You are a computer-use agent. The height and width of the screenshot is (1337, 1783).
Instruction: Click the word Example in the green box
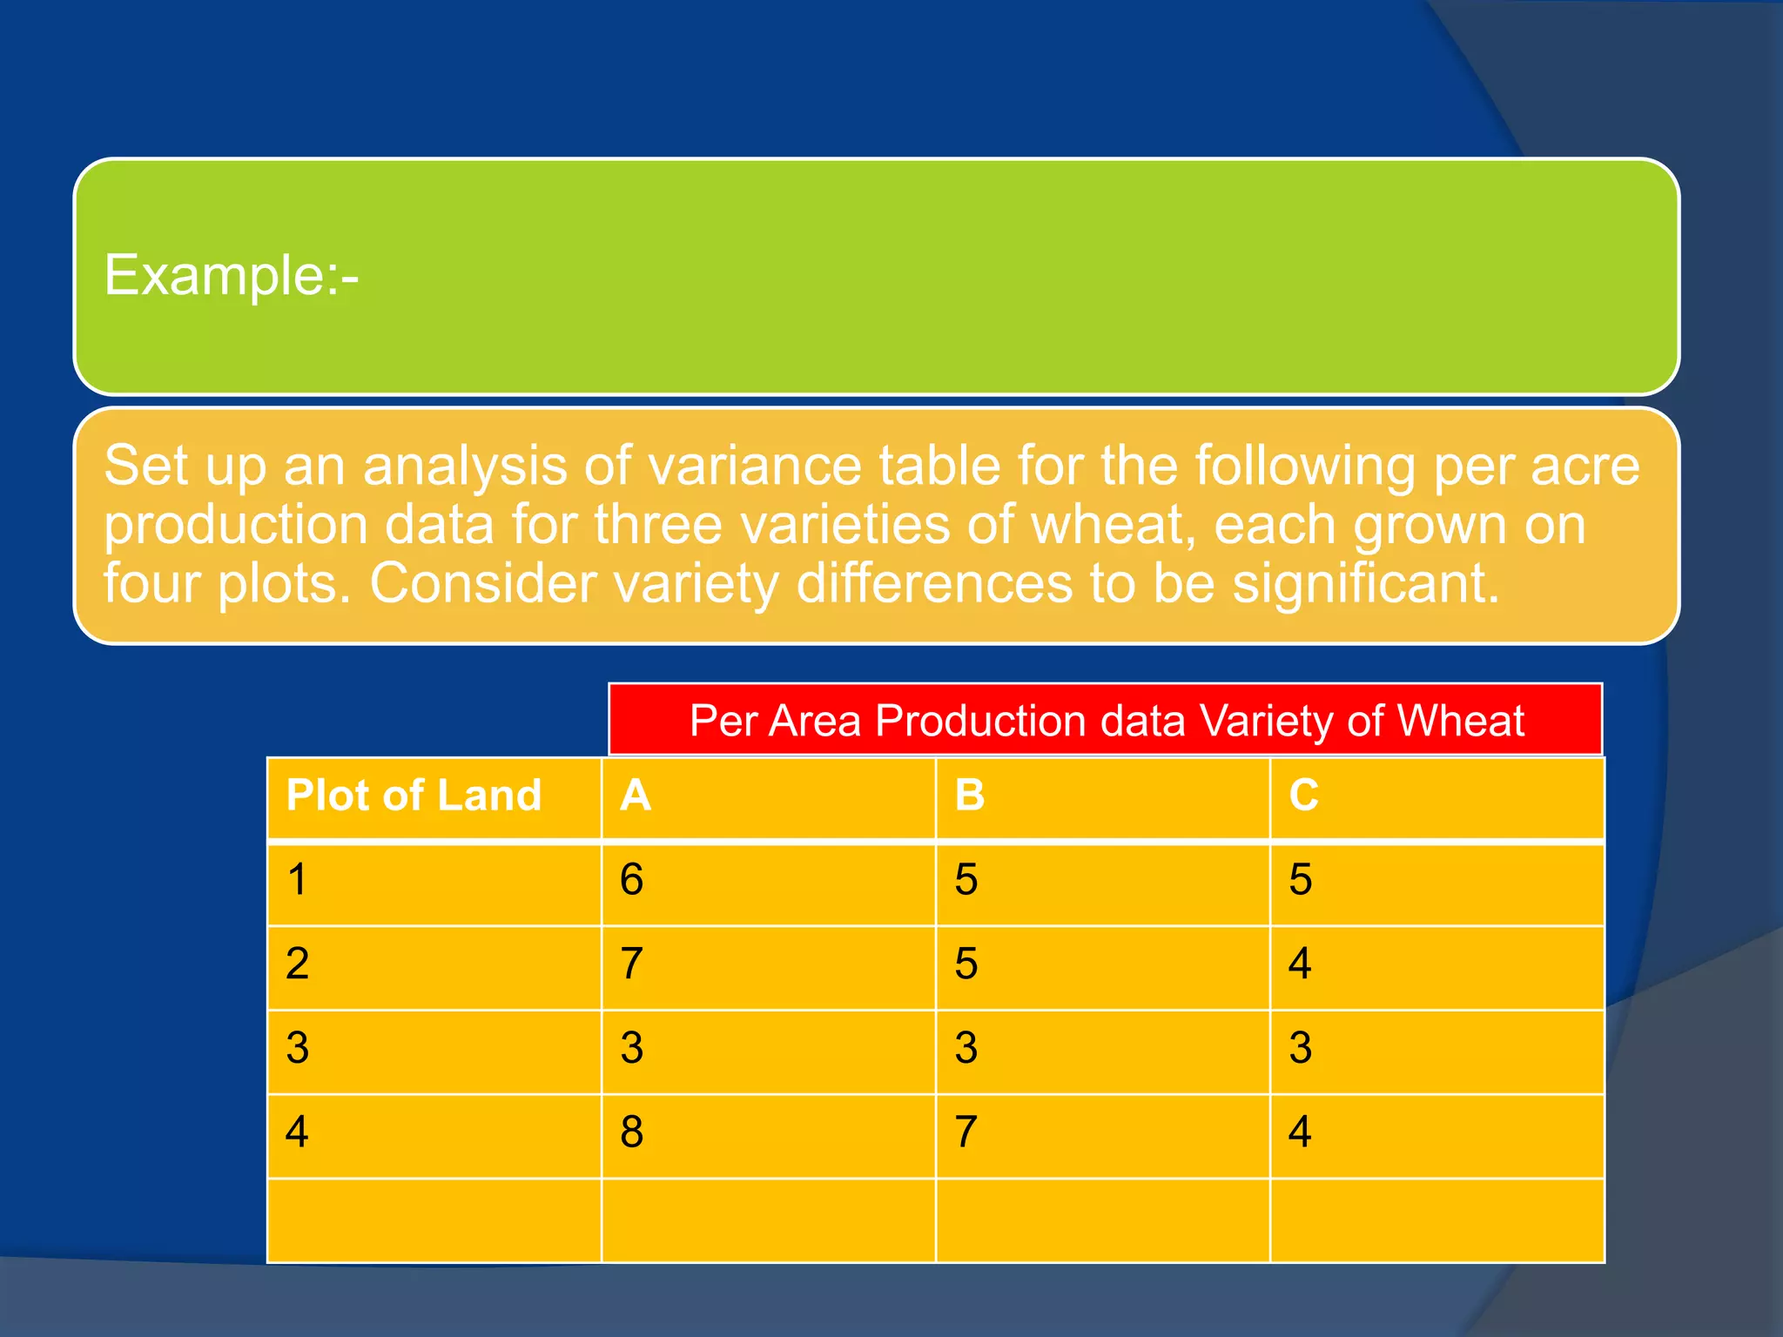(x=214, y=276)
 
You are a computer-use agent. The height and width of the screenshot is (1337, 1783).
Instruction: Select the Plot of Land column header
(x=414, y=796)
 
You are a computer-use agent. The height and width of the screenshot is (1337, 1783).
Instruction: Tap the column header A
(x=636, y=796)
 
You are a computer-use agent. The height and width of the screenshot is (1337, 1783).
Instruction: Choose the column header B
(x=970, y=796)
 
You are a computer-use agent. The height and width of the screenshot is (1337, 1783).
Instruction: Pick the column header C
(x=1304, y=796)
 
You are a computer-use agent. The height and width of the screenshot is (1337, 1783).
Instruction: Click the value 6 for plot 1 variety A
(x=632, y=879)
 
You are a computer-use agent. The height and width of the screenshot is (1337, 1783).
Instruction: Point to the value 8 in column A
(x=632, y=1132)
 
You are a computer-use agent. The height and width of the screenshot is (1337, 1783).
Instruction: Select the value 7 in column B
(x=966, y=1132)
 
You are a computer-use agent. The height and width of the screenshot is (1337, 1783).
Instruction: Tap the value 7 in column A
(x=632, y=964)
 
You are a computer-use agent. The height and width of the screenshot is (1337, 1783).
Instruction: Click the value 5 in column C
(x=1301, y=879)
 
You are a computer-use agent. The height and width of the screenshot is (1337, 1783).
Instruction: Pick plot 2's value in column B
(x=966, y=964)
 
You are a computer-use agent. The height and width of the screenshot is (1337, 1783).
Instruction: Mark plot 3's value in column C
(x=1301, y=1047)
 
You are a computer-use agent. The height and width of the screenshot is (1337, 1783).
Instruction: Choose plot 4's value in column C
(x=1301, y=1132)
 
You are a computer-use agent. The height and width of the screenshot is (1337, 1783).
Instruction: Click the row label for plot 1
(x=298, y=879)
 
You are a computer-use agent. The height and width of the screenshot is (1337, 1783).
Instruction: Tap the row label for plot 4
(x=298, y=1132)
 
